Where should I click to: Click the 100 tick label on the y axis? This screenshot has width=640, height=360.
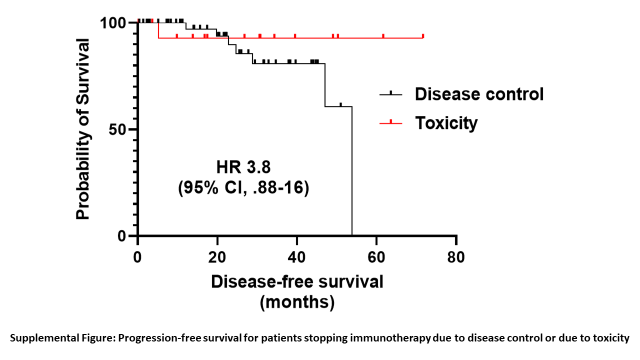(113, 23)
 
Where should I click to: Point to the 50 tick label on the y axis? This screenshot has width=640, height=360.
(118, 129)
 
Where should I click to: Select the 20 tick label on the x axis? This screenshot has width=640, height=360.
(217, 257)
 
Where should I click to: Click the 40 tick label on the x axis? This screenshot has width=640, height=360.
(297, 257)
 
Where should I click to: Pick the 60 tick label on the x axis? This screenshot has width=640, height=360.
(376, 257)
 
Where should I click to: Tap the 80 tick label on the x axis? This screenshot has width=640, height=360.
(456, 257)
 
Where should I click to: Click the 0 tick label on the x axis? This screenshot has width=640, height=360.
(137, 257)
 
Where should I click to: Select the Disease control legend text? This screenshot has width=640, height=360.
(479, 94)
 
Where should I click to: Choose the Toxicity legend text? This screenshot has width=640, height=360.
(446, 122)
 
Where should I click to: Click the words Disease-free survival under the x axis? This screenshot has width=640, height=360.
(297, 281)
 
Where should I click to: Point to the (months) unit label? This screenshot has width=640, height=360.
(297, 302)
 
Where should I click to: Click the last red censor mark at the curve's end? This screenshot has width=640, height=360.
(423, 35)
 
